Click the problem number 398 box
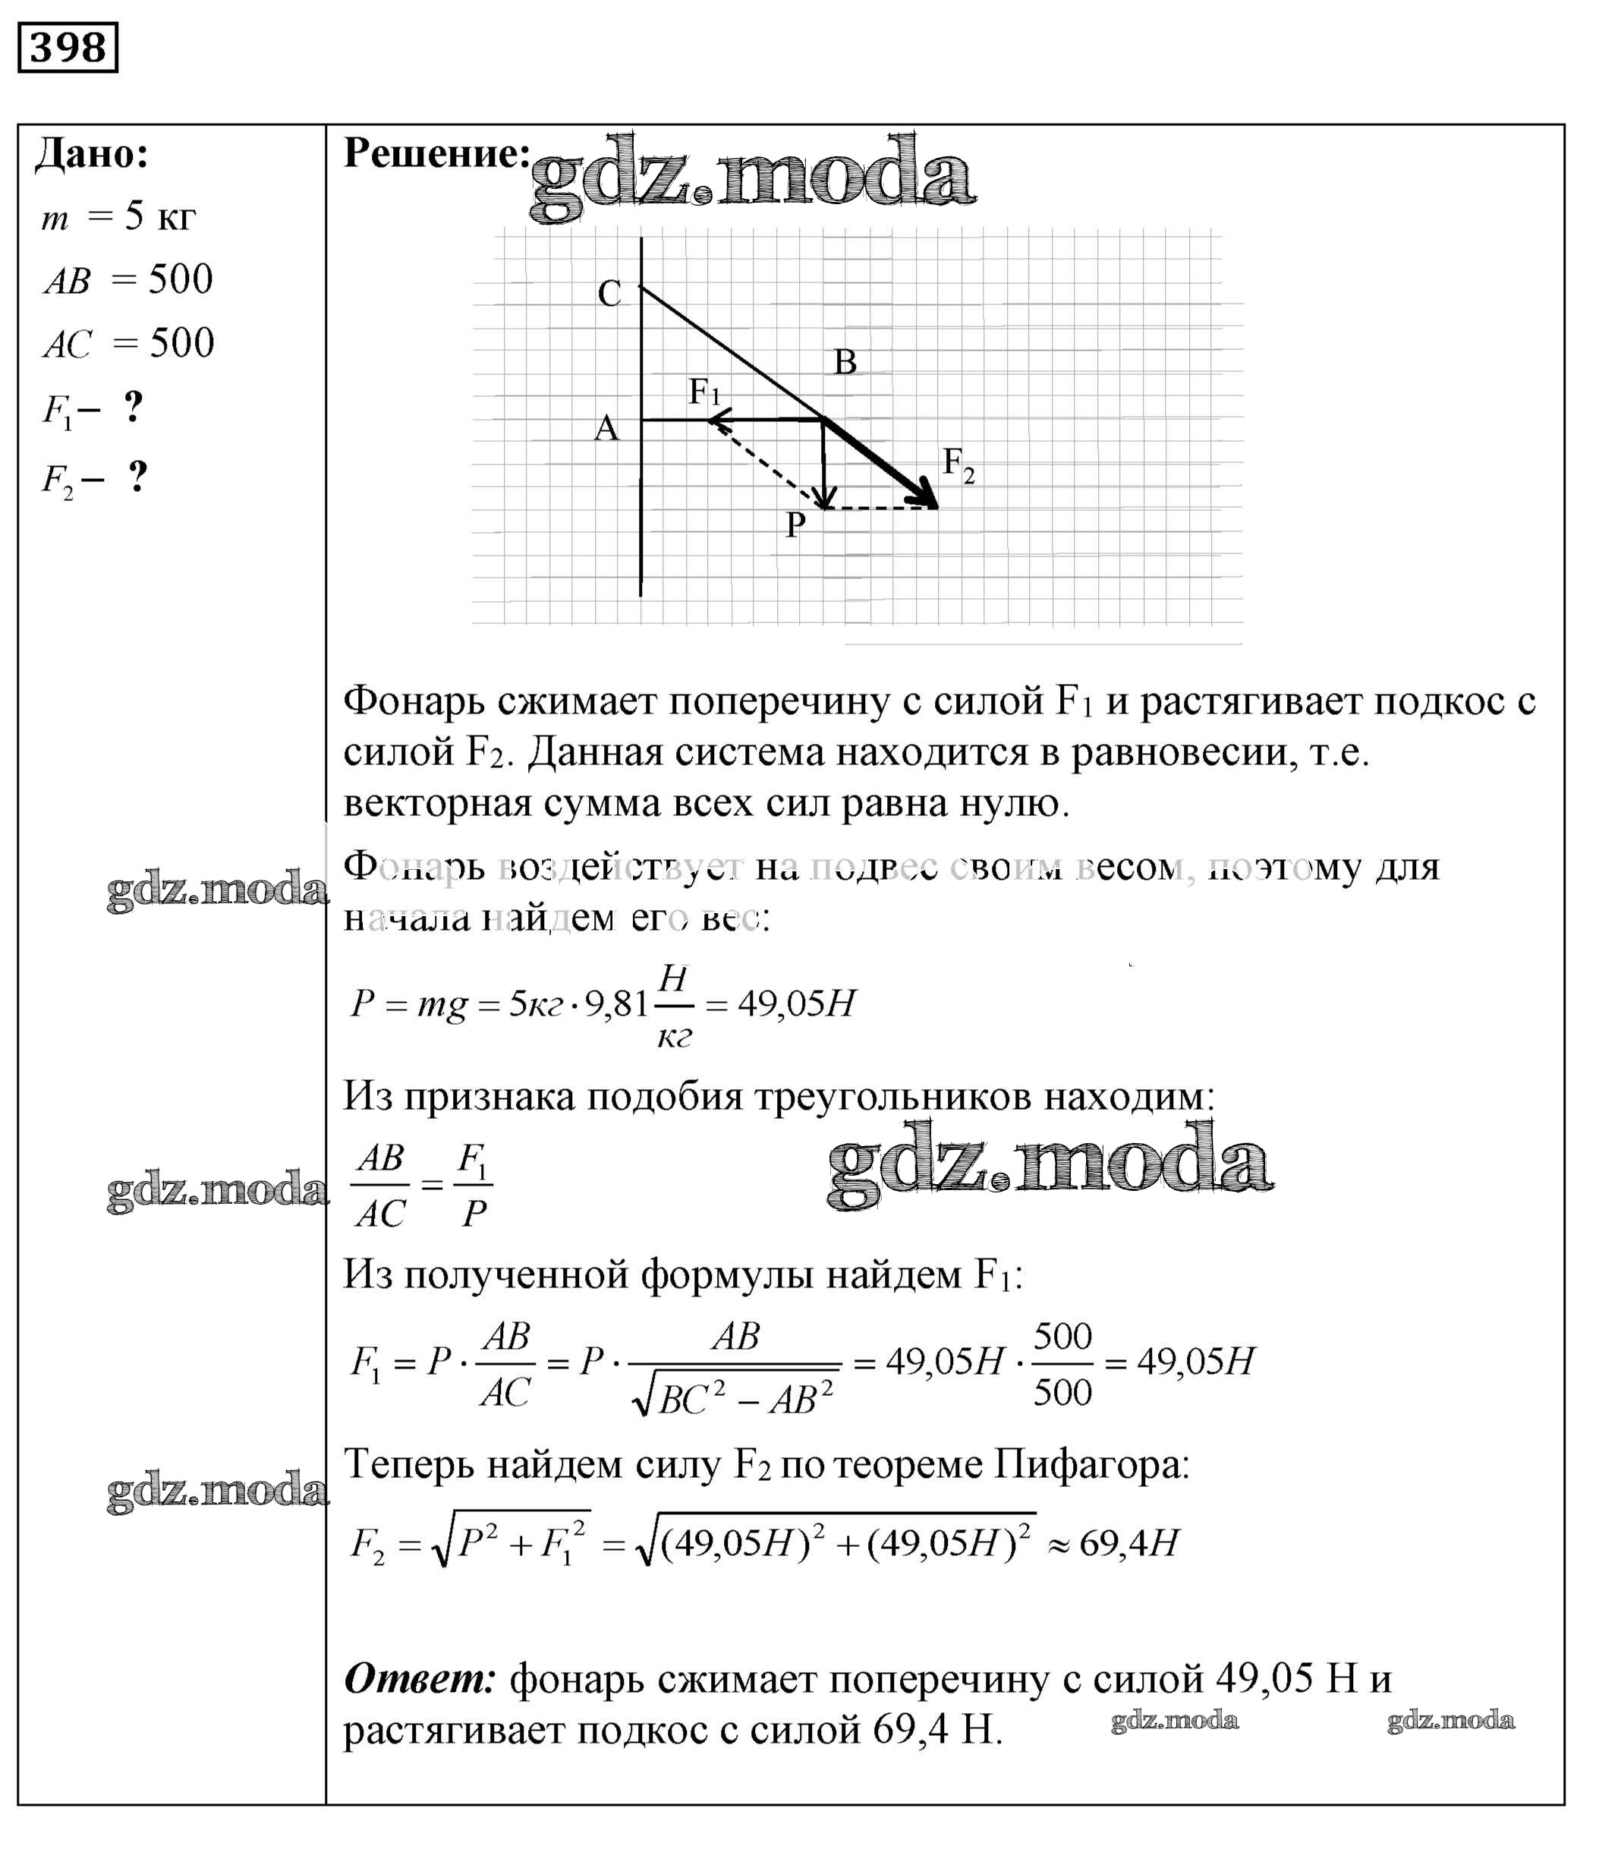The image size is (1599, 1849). [68, 47]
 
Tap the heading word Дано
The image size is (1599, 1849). [91, 154]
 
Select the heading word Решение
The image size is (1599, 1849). [436, 153]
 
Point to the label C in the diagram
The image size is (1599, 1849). [609, 294]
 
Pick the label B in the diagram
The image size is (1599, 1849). [844, 361]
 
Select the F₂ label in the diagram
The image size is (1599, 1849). [958, 464]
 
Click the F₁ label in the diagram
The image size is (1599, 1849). [704, 392]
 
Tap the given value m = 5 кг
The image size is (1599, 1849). [118, 217]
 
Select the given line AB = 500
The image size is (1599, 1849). [128, 280]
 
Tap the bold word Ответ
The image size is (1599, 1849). [420, 1680]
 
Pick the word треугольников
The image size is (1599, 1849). [893, 1097]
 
